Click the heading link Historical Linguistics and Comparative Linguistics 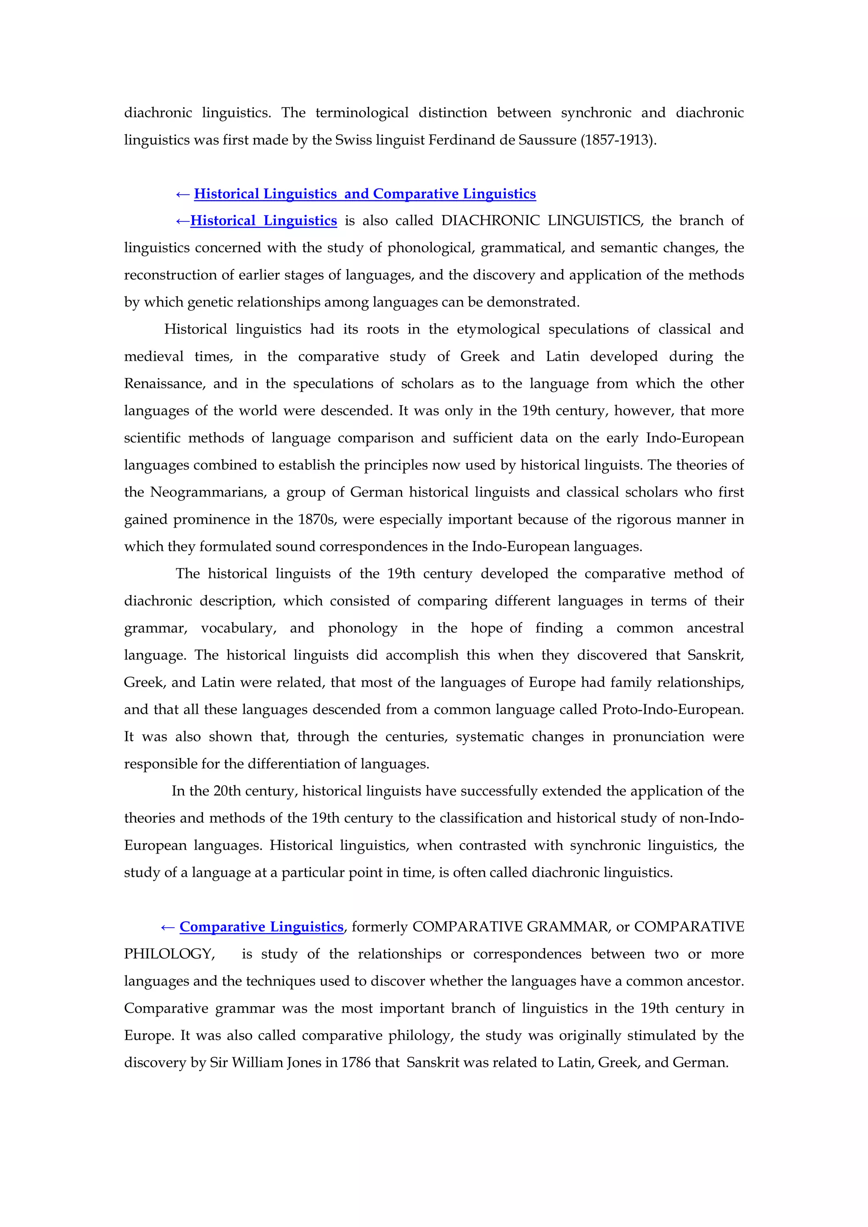[365, 194]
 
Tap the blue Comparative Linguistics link [261, 927]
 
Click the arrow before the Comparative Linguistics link [167, 927]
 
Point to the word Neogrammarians [208, 492]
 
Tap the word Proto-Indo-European [672, 710]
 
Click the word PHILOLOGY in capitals [169, 954]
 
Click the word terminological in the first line [362, 113]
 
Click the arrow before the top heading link [182, 194]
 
